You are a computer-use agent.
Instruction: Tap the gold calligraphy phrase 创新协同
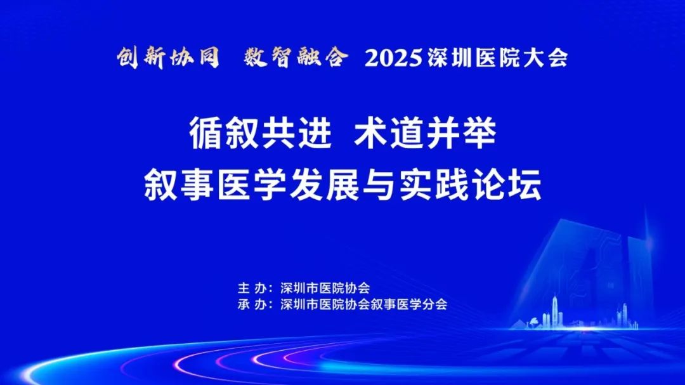(x=168, y=58)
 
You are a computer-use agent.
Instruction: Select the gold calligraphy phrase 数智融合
(x=296, y=58)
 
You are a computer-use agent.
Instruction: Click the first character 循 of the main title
(x=205, y=134)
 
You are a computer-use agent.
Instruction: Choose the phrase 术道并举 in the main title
(x=425, y=134)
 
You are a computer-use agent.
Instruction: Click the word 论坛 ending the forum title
(x=507, y=185)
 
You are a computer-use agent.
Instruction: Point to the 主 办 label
(x=252, y=289)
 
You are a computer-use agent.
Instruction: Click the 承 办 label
(x=252, y=304)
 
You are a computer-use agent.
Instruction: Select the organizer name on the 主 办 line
(x=325, y=289)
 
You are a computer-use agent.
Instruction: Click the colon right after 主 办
(x=271, y=289)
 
